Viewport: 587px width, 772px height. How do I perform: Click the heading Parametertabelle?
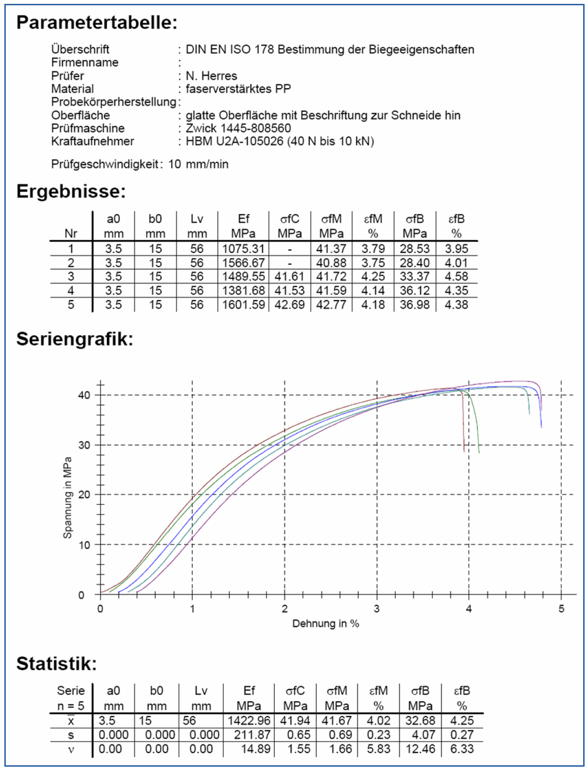click(x=97, y=23)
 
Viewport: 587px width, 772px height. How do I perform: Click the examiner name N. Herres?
click(x=211, y=76)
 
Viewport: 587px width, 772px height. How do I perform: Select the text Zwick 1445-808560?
click(x=238, y=128)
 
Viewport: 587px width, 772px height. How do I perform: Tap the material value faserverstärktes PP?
click(x=238, y=89)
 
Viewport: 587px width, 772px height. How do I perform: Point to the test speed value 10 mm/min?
click(x=198, y=164)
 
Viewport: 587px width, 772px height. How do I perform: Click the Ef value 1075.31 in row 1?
click(x=243, y=249)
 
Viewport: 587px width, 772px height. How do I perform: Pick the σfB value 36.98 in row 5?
click(x=414, y=305)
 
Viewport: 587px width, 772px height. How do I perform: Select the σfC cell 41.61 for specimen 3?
click(x=289, y=277)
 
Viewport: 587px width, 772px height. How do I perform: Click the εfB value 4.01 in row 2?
click(x=456, y=263)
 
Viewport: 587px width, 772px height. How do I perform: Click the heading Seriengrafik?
click(x=75, y=339)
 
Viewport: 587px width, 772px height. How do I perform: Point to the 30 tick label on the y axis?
click(x=84, y=445)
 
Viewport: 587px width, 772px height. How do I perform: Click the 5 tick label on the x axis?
click(x=561, y=609)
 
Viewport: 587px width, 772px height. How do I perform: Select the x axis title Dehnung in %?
click(x=326, y=624)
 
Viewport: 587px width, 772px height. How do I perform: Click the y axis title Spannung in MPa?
click(x=67, y=498)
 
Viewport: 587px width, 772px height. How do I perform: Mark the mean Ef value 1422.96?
click(x=249, y=721)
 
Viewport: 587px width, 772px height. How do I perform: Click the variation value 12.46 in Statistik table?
click(x=420, y=749)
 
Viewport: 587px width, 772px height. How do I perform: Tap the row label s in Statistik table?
click(x=71, y=735)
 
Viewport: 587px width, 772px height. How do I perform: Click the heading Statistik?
click(x=57, y=664)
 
